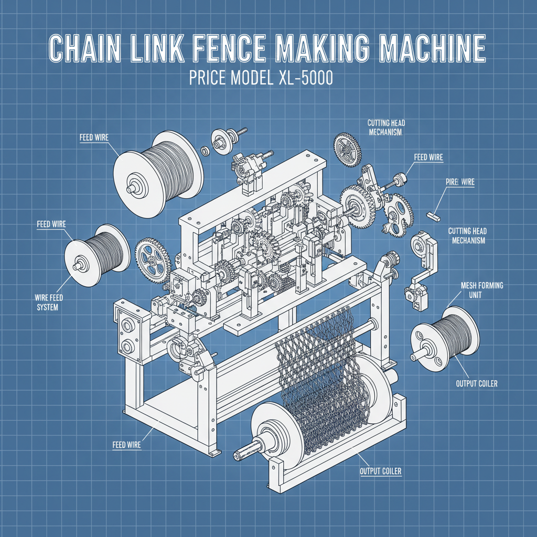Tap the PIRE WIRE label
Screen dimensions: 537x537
tap(460, 182)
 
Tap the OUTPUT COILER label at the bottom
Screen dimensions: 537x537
tap(380, 471)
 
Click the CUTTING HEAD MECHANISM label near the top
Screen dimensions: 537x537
tap(386, 127)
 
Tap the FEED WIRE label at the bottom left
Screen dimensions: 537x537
tap(126, 445)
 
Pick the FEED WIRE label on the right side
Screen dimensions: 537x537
tap(428, 157)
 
